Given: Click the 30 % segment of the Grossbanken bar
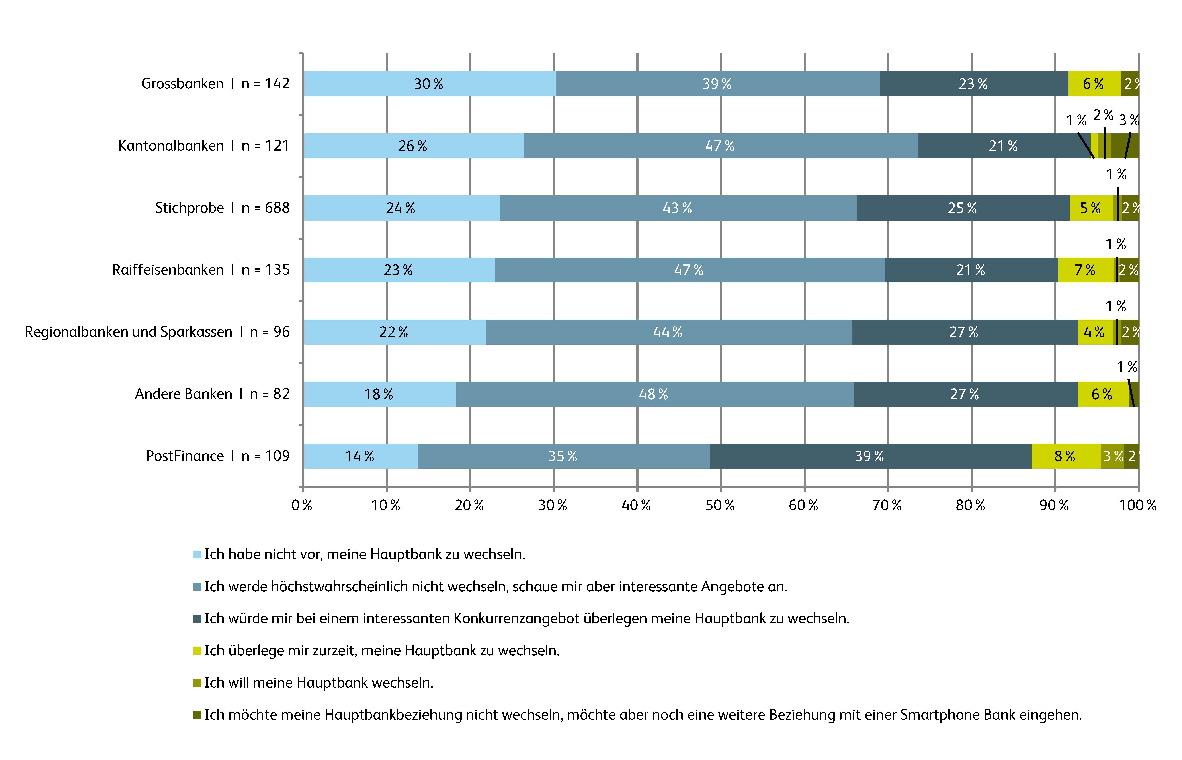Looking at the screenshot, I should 429,84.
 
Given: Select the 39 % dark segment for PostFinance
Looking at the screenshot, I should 870,456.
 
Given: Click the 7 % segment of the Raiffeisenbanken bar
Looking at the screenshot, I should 1085,270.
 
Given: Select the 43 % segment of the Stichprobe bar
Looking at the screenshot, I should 678,208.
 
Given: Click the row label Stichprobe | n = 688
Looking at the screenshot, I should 222,208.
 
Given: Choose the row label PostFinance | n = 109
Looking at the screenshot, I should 218,456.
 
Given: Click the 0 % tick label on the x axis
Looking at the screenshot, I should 302,505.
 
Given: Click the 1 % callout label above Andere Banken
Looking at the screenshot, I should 1127,367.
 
